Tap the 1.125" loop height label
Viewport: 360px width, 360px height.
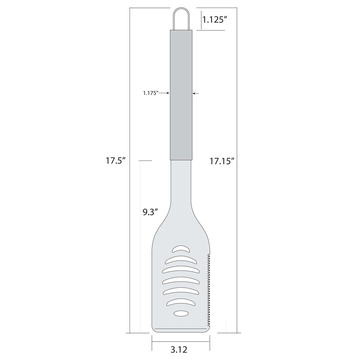point(215,19)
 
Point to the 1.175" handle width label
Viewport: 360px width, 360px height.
point(150,93)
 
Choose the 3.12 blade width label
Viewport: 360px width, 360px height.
point(179,349)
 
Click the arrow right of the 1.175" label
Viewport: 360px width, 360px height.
point(165,93)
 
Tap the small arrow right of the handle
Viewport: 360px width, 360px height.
point(195,93)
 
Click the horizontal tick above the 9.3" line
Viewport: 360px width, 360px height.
point(145,161)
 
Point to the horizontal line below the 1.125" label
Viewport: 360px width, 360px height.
point(211,30)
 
